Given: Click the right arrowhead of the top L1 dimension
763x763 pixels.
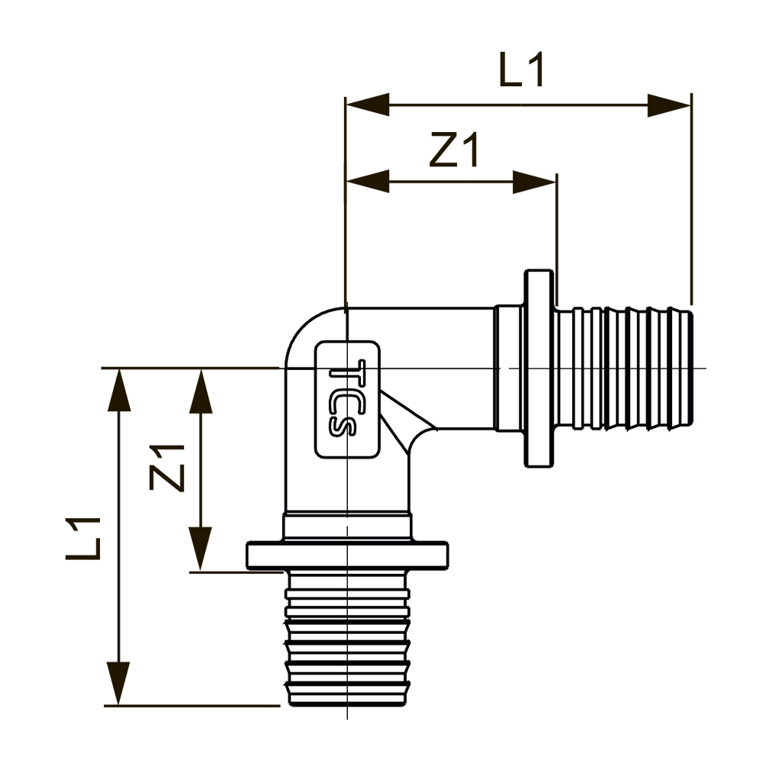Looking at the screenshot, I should point(669,106).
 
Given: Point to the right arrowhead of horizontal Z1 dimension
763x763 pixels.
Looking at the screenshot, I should point(534,182).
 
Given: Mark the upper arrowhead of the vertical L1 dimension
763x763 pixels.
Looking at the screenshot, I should point(118,390).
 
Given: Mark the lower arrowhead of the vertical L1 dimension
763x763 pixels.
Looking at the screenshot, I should point(118,683).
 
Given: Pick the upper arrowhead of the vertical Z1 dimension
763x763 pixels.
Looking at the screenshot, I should point(201,390).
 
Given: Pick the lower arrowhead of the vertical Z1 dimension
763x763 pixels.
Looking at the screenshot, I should point(201,548).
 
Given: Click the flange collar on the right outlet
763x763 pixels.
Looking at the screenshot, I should point(539,368).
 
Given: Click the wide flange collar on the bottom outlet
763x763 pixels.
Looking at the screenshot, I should point(347,555).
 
